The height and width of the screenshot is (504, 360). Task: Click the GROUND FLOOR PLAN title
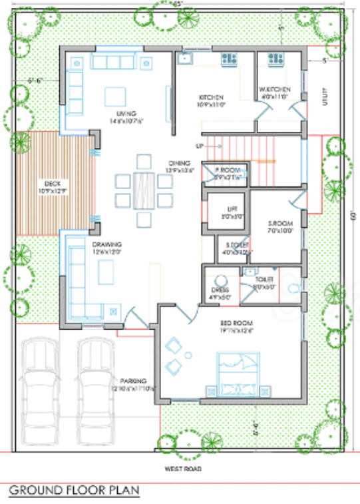click(75, 491)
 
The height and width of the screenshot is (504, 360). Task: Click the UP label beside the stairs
click(198, 146)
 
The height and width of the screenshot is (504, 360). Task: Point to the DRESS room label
click(219, 290)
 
